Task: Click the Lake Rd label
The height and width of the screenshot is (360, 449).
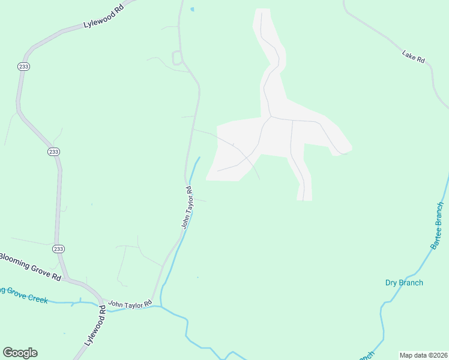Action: tap(414, 57)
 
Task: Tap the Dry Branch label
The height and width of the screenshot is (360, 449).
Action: tap(404, 283)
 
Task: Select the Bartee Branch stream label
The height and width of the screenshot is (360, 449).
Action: tap(437, 226)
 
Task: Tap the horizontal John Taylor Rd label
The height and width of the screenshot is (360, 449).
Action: tap(130, 305)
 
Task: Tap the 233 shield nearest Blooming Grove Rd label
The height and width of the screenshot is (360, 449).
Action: tap(58, 248)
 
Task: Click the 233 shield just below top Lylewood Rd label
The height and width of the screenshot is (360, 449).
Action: tap(23, 67)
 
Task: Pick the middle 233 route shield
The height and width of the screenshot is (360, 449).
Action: tap(53, 152)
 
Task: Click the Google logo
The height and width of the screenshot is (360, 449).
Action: tap(20, 353)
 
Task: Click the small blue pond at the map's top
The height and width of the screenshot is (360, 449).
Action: tap(192, 10)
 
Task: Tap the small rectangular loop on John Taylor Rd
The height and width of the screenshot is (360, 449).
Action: tap(177, 58)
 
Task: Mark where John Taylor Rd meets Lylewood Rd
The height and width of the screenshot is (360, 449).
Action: tap(102, 300)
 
